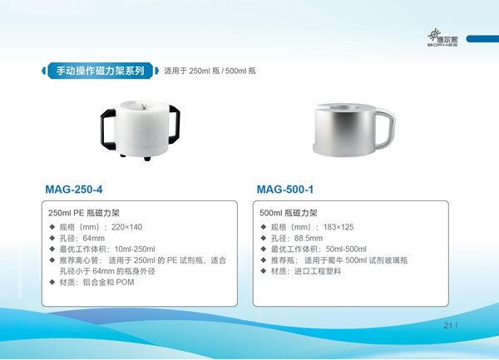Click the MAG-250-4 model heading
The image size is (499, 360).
[74, 190]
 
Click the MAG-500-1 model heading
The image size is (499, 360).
[285, 190]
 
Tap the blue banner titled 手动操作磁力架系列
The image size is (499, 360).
[101, 71]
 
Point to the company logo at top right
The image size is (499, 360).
[442, 37]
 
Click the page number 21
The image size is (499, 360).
[448, 325]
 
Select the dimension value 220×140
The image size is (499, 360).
[126, 227]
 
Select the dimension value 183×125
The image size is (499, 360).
[338, 227]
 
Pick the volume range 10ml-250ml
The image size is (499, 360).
[135, 249]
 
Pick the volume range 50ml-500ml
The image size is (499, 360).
[346, 249]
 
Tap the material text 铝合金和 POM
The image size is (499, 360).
[108, 282]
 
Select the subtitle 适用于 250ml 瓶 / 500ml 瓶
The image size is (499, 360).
[210, 71]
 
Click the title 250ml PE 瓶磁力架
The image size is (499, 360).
[84, 213]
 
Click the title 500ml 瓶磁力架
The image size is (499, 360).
[289, 213]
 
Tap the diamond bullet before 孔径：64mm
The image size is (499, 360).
[52, 238]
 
